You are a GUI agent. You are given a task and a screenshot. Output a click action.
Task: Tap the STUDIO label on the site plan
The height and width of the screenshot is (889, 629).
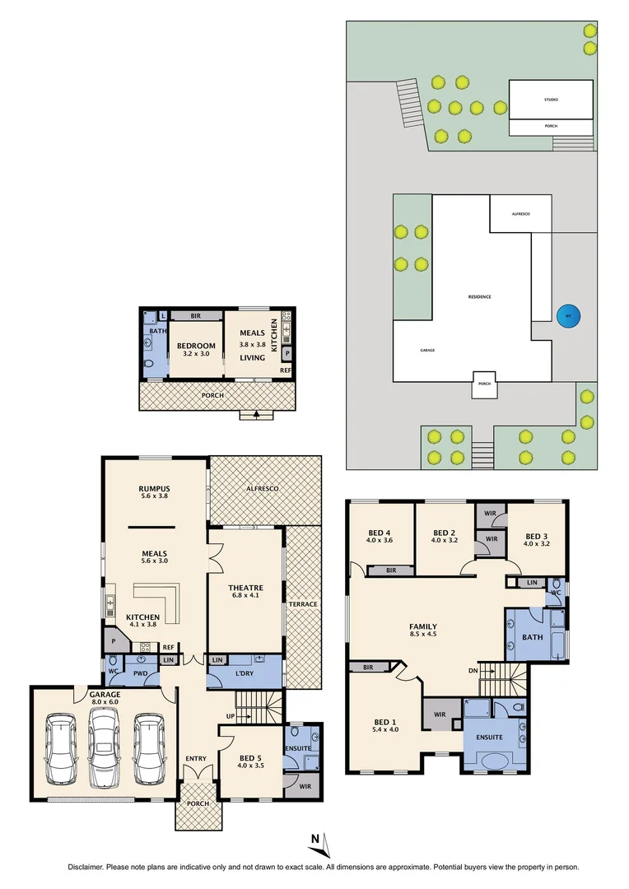pyautogui.click(x=551, y=100)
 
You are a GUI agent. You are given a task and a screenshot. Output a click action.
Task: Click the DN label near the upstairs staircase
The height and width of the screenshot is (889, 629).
pyautogui.click(x=473, y=670)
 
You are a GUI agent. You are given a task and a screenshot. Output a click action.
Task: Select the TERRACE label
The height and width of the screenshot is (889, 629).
pyautogui.click(x=303, y=604)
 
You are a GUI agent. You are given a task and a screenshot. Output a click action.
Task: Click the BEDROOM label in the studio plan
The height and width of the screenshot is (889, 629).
pyautogui.click(x=195, y=346)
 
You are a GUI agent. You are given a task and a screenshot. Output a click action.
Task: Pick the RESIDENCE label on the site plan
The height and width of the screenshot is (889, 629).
pyautogui.click(x=479, y=296)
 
